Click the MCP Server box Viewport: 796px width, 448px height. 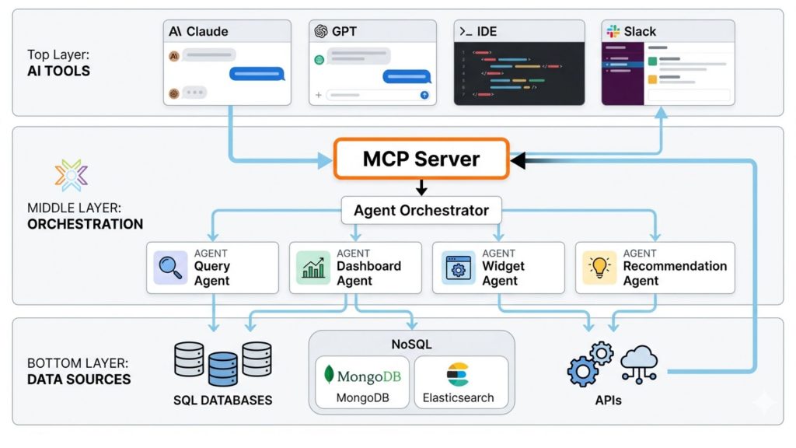421,159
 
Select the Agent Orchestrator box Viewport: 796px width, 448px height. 421,210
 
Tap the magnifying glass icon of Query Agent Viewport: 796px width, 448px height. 171,268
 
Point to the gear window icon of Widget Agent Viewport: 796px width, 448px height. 457,268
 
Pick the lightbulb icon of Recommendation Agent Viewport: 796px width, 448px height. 599,268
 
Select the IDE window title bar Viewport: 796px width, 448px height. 518,32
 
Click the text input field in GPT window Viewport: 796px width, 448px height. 372,95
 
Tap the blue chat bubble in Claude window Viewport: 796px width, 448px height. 257,74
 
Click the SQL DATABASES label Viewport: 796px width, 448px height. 223,401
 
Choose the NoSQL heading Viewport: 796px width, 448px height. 411,344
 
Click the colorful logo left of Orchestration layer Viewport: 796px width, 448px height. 72,176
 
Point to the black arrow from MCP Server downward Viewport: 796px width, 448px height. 421,187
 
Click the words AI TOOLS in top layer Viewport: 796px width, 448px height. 58,71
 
